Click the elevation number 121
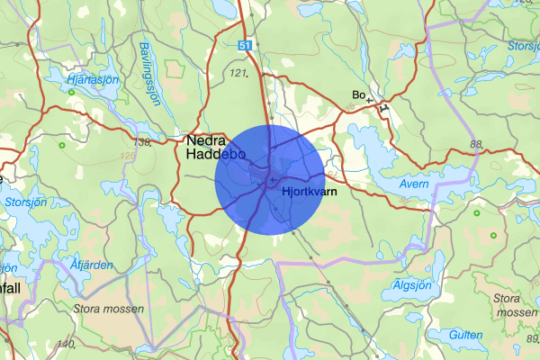click(x=238, y=72)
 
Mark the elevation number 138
click(x=140, y=142)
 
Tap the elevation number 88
click(x=476, y=145)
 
